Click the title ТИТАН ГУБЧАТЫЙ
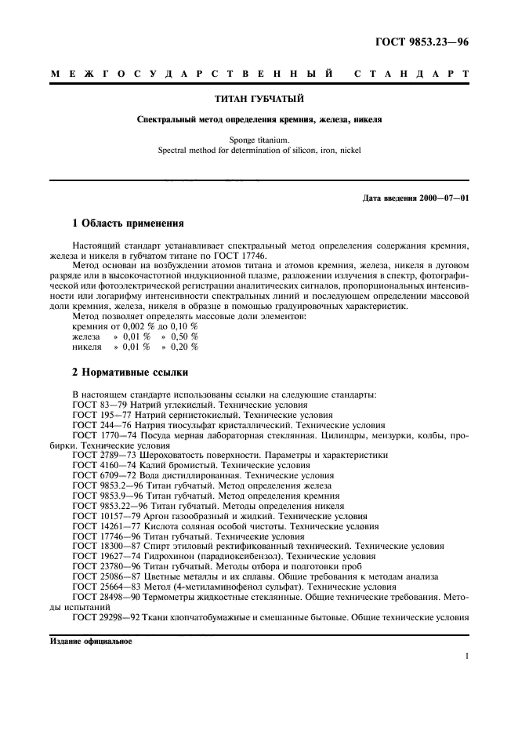259,100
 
